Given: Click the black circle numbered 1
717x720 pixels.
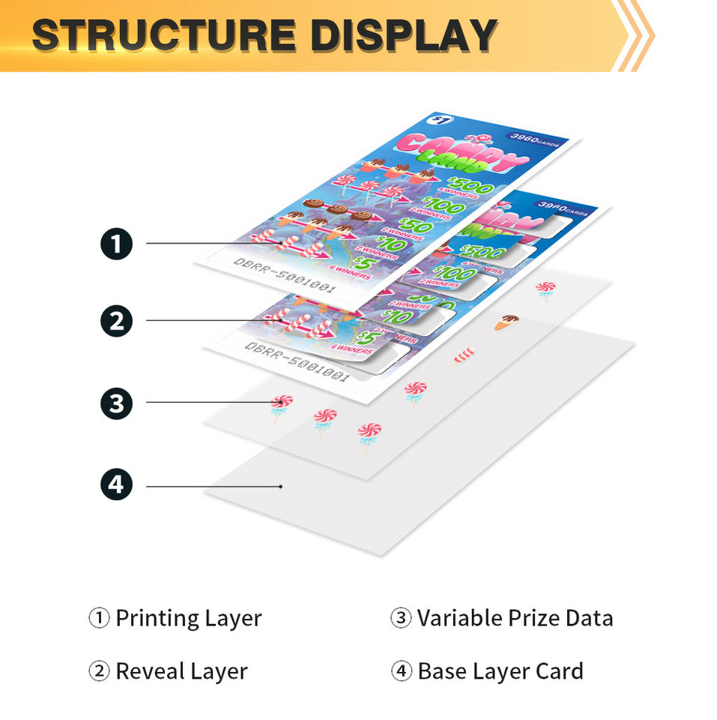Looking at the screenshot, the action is tap(117, 243).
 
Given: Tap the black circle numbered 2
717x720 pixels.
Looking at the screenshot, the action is tap(117, 321).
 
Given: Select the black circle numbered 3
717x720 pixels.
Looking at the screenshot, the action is tap(117, 403).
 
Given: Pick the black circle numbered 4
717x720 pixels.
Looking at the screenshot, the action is tap(117, 486).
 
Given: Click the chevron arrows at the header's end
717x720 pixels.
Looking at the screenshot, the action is tap(634, 34).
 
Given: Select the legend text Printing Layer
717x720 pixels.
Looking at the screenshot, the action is tap(188, 619).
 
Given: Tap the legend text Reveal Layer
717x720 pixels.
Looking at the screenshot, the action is tap(181, 671).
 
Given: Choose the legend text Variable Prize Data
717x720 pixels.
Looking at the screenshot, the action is tap(515, 619).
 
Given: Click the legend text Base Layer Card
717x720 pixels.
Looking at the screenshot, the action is tap(500, 671).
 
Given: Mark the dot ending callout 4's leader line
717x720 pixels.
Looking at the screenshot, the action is tap(281, 486).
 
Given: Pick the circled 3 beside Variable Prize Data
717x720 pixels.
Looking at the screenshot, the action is tap(401, 619).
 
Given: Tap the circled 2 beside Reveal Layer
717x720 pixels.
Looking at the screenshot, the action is tap(99, 671).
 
